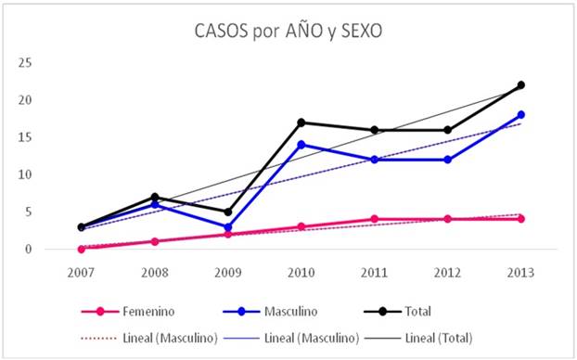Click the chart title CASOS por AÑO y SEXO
click(288, 30)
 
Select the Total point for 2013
click(521, 85)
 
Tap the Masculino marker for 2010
click(301, 145)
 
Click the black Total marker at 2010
click(301, 122)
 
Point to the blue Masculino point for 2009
click(228, 226)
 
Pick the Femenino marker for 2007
click(82, 249)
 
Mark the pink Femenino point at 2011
click(375, 219)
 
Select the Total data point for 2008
click(155, 197)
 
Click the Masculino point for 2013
click(521, 115)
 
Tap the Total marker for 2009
click(228, 212)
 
